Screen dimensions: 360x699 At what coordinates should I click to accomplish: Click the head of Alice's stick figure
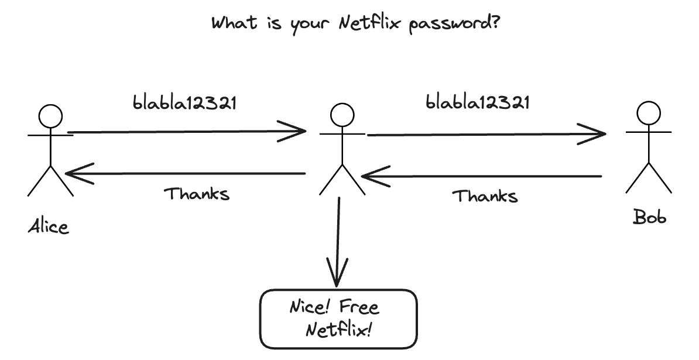coord(50,116)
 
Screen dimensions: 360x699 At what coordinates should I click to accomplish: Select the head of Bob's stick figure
coord(649,113)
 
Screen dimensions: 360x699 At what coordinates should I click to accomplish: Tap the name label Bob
coord(650,217)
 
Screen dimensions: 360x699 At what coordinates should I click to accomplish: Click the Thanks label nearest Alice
coord(196,193)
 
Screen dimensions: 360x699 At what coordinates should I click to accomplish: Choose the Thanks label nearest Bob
coord(485,196)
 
